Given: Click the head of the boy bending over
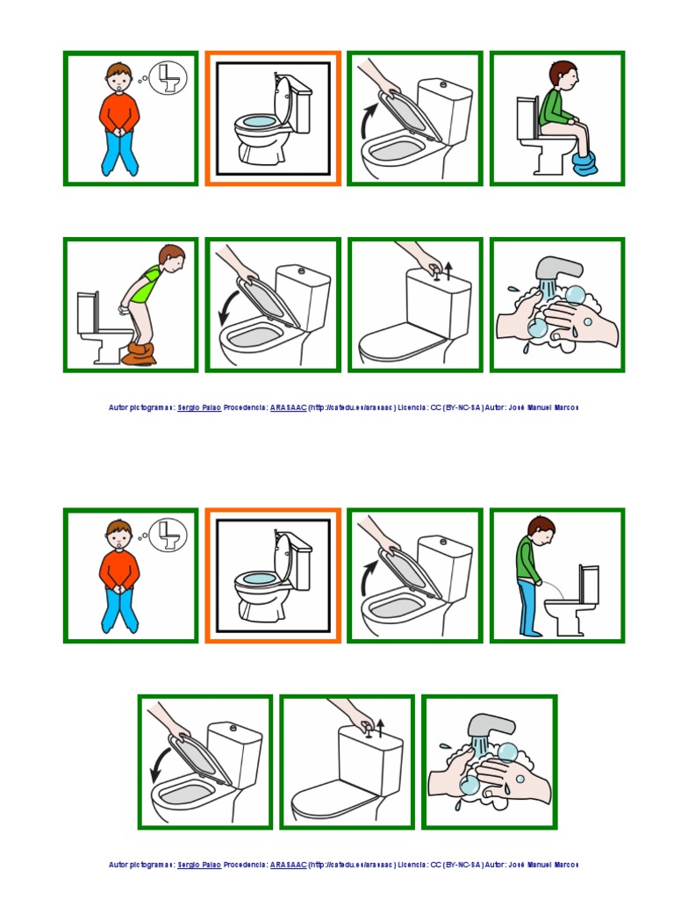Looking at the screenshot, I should (x=172, y=258).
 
